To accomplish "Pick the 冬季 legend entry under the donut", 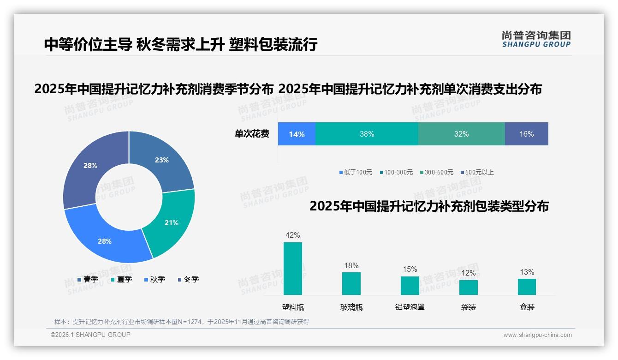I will (188, 280).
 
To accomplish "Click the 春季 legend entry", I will (88, 280).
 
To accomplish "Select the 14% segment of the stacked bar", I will (297, 134).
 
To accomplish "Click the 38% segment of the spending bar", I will (367, 134).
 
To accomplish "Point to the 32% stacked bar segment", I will (461, 134).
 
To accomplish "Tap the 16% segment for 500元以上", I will (526, 134).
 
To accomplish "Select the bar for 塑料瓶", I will (293, 269).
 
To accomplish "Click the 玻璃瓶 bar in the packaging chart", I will (351, 283).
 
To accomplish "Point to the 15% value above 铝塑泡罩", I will (410, 270).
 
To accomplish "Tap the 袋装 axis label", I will (469, 307).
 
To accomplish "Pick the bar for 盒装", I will (527, 287).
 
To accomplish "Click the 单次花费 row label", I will (252, 134).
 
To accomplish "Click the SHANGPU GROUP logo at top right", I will (536, 39).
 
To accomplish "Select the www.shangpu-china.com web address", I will (537, 335).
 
